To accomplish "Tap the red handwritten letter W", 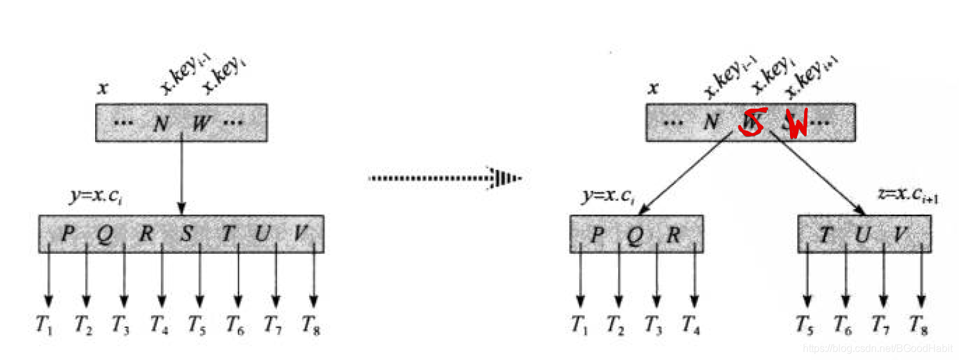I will click(797, 125).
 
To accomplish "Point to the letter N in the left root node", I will click(161, 123).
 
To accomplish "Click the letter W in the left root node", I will click(201, 123).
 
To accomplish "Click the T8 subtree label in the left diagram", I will click(311, 327).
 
